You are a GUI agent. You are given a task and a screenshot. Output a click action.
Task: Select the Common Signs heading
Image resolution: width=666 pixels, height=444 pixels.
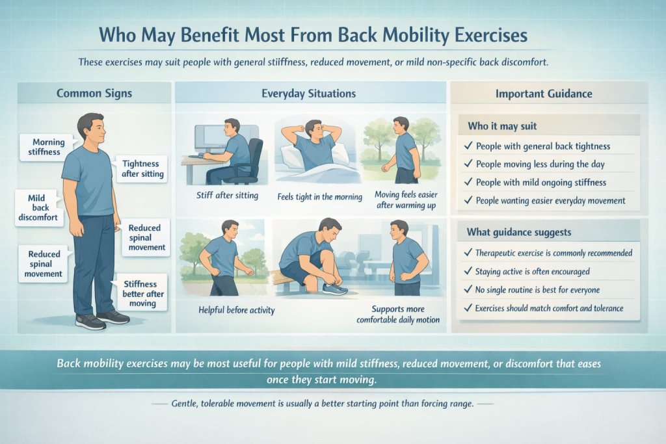[94, 93]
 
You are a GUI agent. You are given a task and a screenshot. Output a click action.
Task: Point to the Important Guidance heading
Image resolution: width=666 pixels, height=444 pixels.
[544, 93]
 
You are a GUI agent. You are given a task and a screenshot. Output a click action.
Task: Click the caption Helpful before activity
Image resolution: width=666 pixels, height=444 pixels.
[236, 310]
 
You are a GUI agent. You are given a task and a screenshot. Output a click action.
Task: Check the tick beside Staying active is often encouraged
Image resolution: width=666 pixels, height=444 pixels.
[468, 272]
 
